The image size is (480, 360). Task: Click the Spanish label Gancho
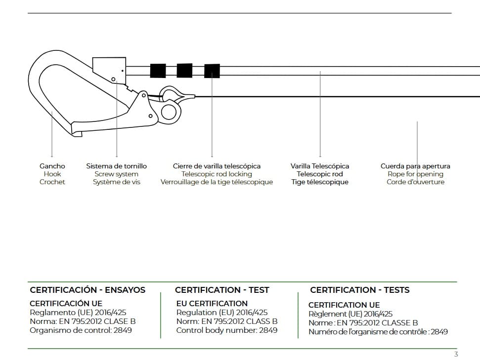point(52,166)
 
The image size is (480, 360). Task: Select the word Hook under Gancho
point(52,174)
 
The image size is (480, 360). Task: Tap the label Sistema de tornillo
point(116,166)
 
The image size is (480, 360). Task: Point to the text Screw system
point(116,174)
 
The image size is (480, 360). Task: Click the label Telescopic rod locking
point(217,174)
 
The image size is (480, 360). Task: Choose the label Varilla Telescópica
point(320,166)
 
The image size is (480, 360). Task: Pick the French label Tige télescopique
point(320,182)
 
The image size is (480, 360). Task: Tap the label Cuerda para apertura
point(415,166)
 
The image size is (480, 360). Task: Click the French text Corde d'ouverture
point(415,182)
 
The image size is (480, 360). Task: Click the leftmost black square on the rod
point(158,71)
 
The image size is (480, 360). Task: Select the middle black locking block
point(184,71)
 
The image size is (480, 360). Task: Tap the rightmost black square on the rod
point(212,71)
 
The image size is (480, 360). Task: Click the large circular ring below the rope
point(169,113)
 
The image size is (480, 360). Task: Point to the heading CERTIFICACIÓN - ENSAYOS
point(87,290)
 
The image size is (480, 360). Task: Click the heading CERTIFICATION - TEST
point(222,290)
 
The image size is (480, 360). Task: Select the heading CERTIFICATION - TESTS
point(360,290)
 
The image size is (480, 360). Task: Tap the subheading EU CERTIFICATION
point(212,304)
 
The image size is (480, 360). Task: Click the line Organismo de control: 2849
point(81,330)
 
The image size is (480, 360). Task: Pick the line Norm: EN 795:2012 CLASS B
point(227,321)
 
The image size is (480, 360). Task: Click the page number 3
point(456,354)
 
